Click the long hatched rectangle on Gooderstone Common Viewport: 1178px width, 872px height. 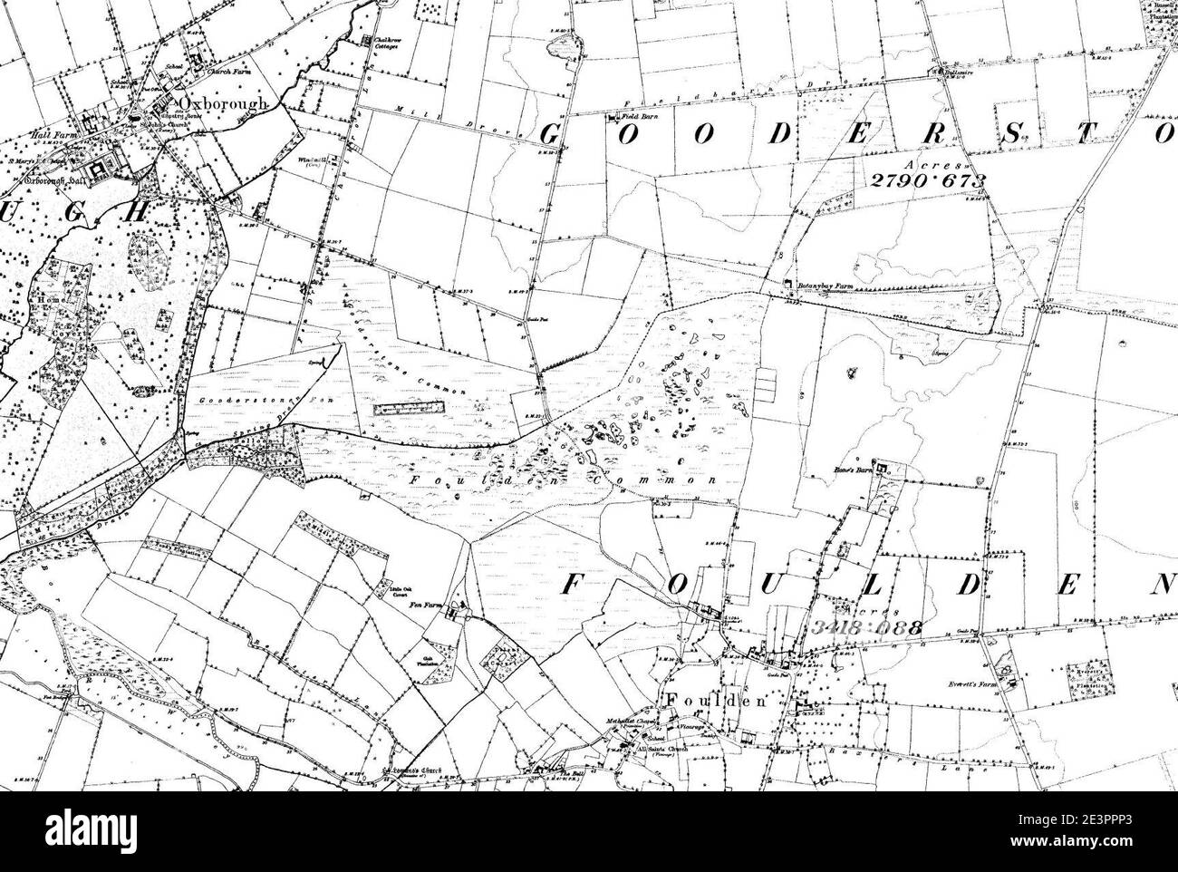click(x=406, y=409)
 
